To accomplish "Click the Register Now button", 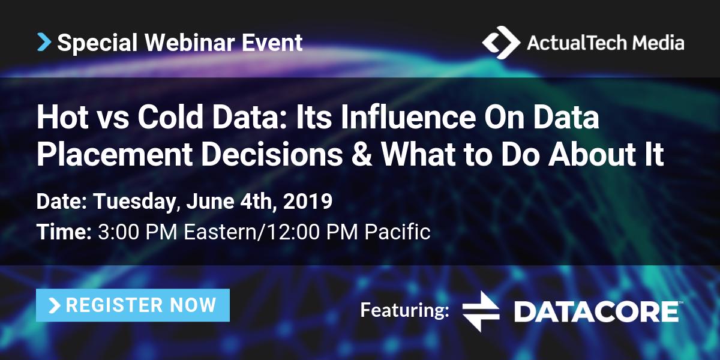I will click(133, 305).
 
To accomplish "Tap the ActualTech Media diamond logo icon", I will click(501, 42).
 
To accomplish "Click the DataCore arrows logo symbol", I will click(481, 311).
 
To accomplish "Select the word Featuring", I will click(404, 310).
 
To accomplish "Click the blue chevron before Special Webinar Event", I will click(44, 42).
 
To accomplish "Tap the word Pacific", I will click(397, 232).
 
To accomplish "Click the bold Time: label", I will click(64, 232).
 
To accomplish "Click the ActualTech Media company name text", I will click(605, 43).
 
